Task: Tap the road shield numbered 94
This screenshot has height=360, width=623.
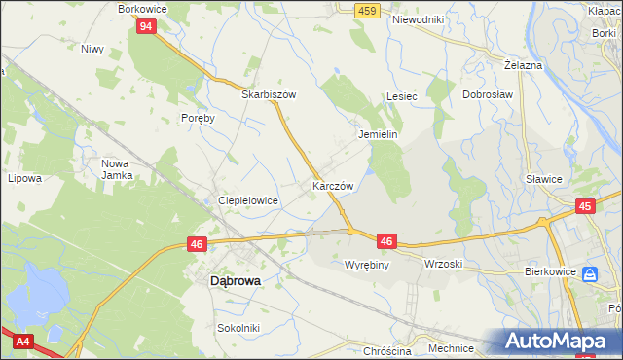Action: tap(145, 26)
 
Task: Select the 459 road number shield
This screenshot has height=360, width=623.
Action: tap(367, 10)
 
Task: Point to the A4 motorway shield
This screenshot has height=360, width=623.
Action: tap(22, 341)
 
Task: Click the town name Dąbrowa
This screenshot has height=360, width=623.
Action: tap(237, 280)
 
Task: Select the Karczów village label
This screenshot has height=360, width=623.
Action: tap(331, 184)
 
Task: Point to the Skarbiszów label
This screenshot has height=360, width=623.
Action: tap(268, 95)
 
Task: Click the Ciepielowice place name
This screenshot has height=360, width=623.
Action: tap(248, 200)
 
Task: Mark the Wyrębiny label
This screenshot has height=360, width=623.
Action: tap(367, 264)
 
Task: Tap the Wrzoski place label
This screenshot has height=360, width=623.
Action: tap(443, 264)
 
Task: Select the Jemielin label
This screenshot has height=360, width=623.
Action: tap(379, 135)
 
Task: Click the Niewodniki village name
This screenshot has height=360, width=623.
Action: tap(418, 18)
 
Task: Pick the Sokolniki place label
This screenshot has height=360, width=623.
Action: tap(238, 328)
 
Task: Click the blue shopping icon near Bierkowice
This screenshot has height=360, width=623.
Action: tap(590, 275)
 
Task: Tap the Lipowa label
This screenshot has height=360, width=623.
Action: tap(24, 179)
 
